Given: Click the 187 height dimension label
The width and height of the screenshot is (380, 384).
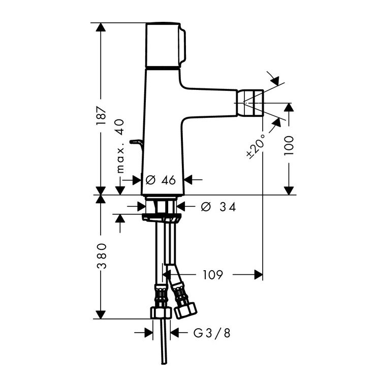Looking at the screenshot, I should click(x=102, y=116).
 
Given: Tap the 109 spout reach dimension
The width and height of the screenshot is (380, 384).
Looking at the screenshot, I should click(x=213, y=275).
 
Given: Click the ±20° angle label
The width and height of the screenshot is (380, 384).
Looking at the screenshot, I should click(x=256, y=144).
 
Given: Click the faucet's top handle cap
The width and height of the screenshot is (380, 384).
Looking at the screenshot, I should click(x=164, y=45).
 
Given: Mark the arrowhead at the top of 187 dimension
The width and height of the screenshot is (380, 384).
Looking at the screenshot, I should click(x=102, y=28).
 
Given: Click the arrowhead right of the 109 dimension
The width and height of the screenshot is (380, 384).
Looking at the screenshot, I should click(x=258, y=275).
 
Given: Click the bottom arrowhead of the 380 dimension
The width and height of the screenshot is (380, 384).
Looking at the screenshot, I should click(x=102, y=313).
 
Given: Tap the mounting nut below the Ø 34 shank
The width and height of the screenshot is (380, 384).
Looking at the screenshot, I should click(x=162, y=218).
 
